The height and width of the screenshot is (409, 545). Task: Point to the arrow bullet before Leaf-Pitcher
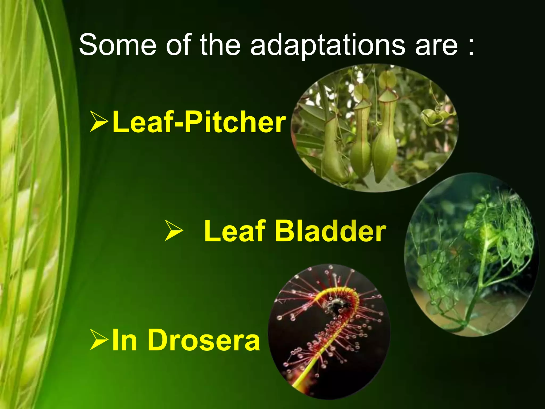coord(99,122)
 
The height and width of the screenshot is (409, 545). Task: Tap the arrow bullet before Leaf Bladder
coord(174,231)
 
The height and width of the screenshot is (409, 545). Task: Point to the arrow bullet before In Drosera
coord(99,340)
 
